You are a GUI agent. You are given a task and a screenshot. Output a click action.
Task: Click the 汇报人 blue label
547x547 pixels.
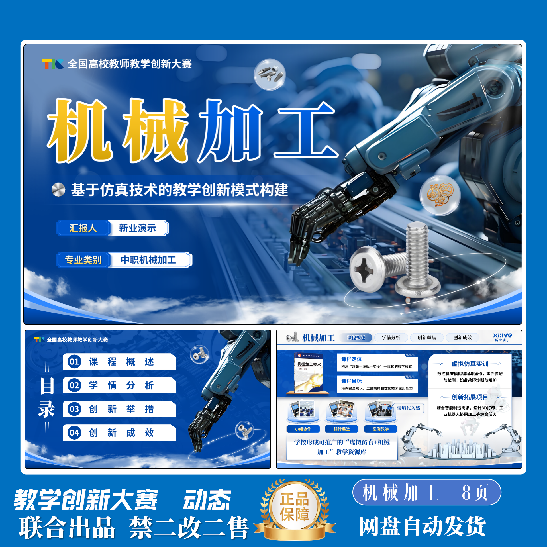[83, 228]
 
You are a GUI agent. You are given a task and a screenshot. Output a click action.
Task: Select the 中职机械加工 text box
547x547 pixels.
[148, 260]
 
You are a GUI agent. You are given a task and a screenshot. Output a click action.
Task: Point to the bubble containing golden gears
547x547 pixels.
[440, 195]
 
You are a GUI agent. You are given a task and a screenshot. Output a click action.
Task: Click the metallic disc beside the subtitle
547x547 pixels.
[58, 189]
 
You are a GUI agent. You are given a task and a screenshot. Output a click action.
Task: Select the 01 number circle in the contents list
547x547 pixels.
[74, 362]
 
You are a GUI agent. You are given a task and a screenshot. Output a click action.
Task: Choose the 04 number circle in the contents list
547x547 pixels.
[74, 433]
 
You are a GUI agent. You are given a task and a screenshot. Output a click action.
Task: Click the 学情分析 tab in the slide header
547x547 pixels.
[391, 338]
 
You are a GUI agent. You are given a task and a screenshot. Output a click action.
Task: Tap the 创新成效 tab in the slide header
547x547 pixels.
[462, 338]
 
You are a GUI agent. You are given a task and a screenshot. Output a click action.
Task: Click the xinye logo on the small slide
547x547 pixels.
[502, 337]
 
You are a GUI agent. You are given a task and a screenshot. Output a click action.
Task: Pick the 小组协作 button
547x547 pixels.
[303, 429]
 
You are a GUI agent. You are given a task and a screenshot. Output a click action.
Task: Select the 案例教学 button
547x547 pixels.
[380, 429]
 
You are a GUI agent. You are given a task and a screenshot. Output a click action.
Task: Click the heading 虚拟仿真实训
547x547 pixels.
[470, 364]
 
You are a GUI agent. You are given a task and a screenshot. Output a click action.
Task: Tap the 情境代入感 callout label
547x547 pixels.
[408, 408]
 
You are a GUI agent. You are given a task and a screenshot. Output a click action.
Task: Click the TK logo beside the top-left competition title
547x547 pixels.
[52, 64]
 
